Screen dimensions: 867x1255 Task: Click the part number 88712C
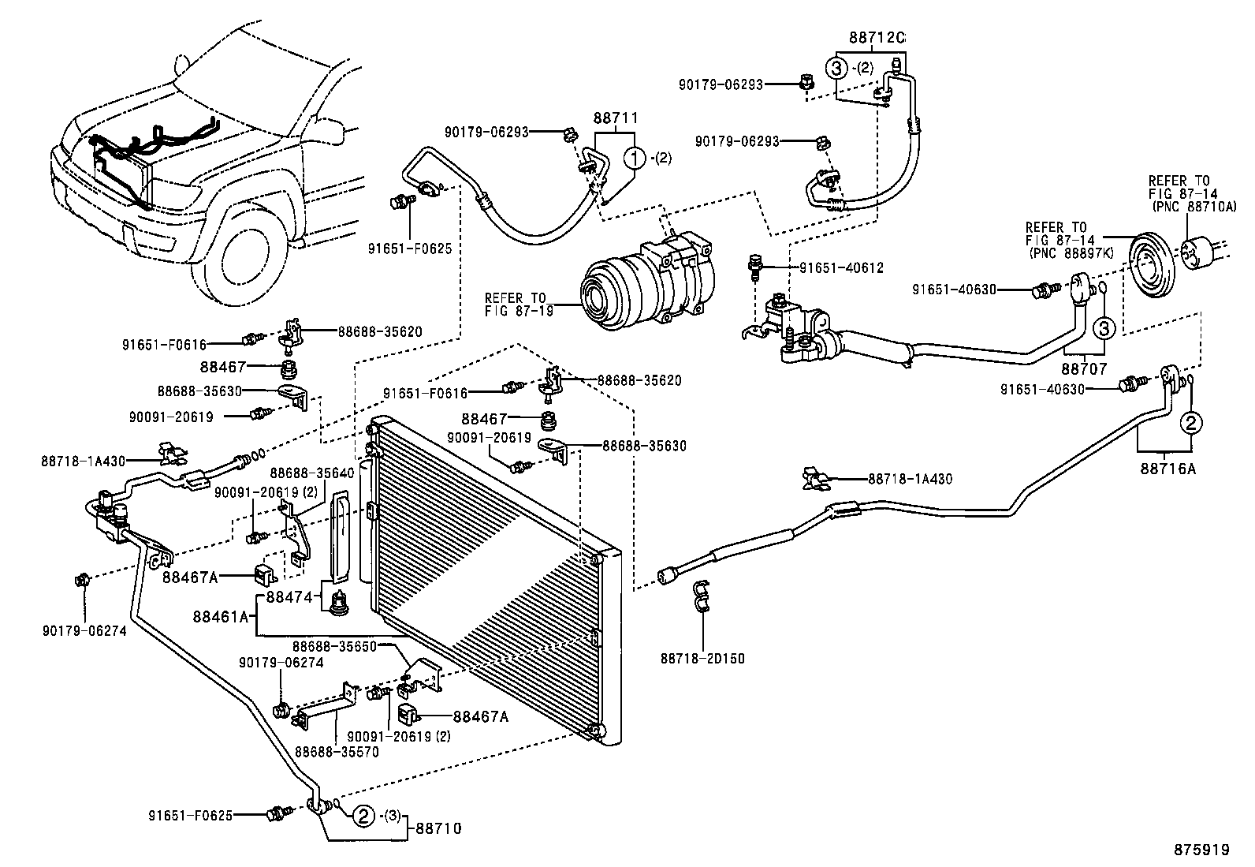click(x=877, y=37)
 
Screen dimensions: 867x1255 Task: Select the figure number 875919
click(x=1201, y=850)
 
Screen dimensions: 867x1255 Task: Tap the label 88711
click(x=615, y=118)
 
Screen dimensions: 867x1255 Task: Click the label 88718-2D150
click(x=703, y=658)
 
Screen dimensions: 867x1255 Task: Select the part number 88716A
click(x=1167, y=468)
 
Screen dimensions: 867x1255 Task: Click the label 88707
click(x=1084, y=368)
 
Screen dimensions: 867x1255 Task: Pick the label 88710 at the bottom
click(x=438, y=828)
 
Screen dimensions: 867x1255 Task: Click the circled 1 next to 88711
click(x=635, y=158)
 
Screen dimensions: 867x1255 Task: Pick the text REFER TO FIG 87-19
click(x=516, y=304)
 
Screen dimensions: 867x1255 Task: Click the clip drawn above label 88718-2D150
click(x=701, y=596)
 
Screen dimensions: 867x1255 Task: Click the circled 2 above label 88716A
click(x=1191, y=423)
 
